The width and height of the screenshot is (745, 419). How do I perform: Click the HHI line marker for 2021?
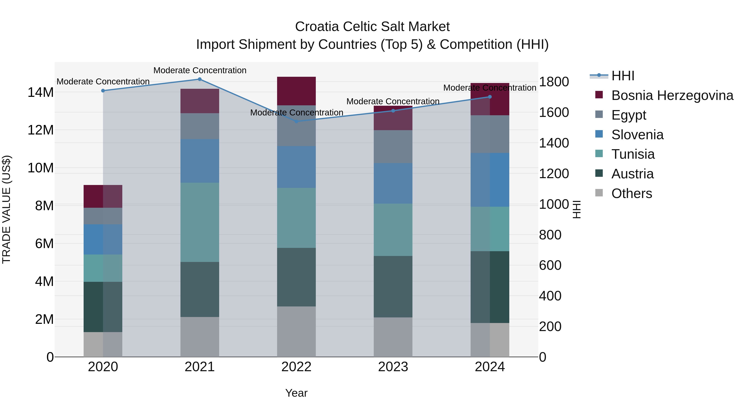point(199,79)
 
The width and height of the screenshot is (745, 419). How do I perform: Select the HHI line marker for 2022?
point(296,121)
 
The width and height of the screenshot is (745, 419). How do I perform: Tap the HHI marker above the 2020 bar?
point(103,91)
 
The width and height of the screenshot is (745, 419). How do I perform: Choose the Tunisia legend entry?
point(633,154)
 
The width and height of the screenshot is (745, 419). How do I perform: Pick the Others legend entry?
point(631,193)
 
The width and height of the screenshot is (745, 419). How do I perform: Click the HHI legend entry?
point(623,76)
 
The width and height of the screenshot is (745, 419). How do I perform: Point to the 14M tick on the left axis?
point(41,92)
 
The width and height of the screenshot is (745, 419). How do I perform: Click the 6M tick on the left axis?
point(44,244)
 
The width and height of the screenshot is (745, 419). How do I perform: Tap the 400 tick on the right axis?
point(550,296)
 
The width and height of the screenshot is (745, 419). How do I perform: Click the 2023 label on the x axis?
point(393,367)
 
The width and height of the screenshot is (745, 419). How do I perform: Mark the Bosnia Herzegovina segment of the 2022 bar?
point(296,91)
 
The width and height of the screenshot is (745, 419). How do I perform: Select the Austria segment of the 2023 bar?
point(393,287)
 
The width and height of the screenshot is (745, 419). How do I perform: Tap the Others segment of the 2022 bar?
point(296,331)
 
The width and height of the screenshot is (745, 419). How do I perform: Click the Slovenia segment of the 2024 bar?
point(490,180)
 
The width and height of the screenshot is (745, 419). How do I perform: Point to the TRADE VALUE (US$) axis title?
point(6,209)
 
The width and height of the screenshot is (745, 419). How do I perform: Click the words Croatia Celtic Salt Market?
point(372,27)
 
